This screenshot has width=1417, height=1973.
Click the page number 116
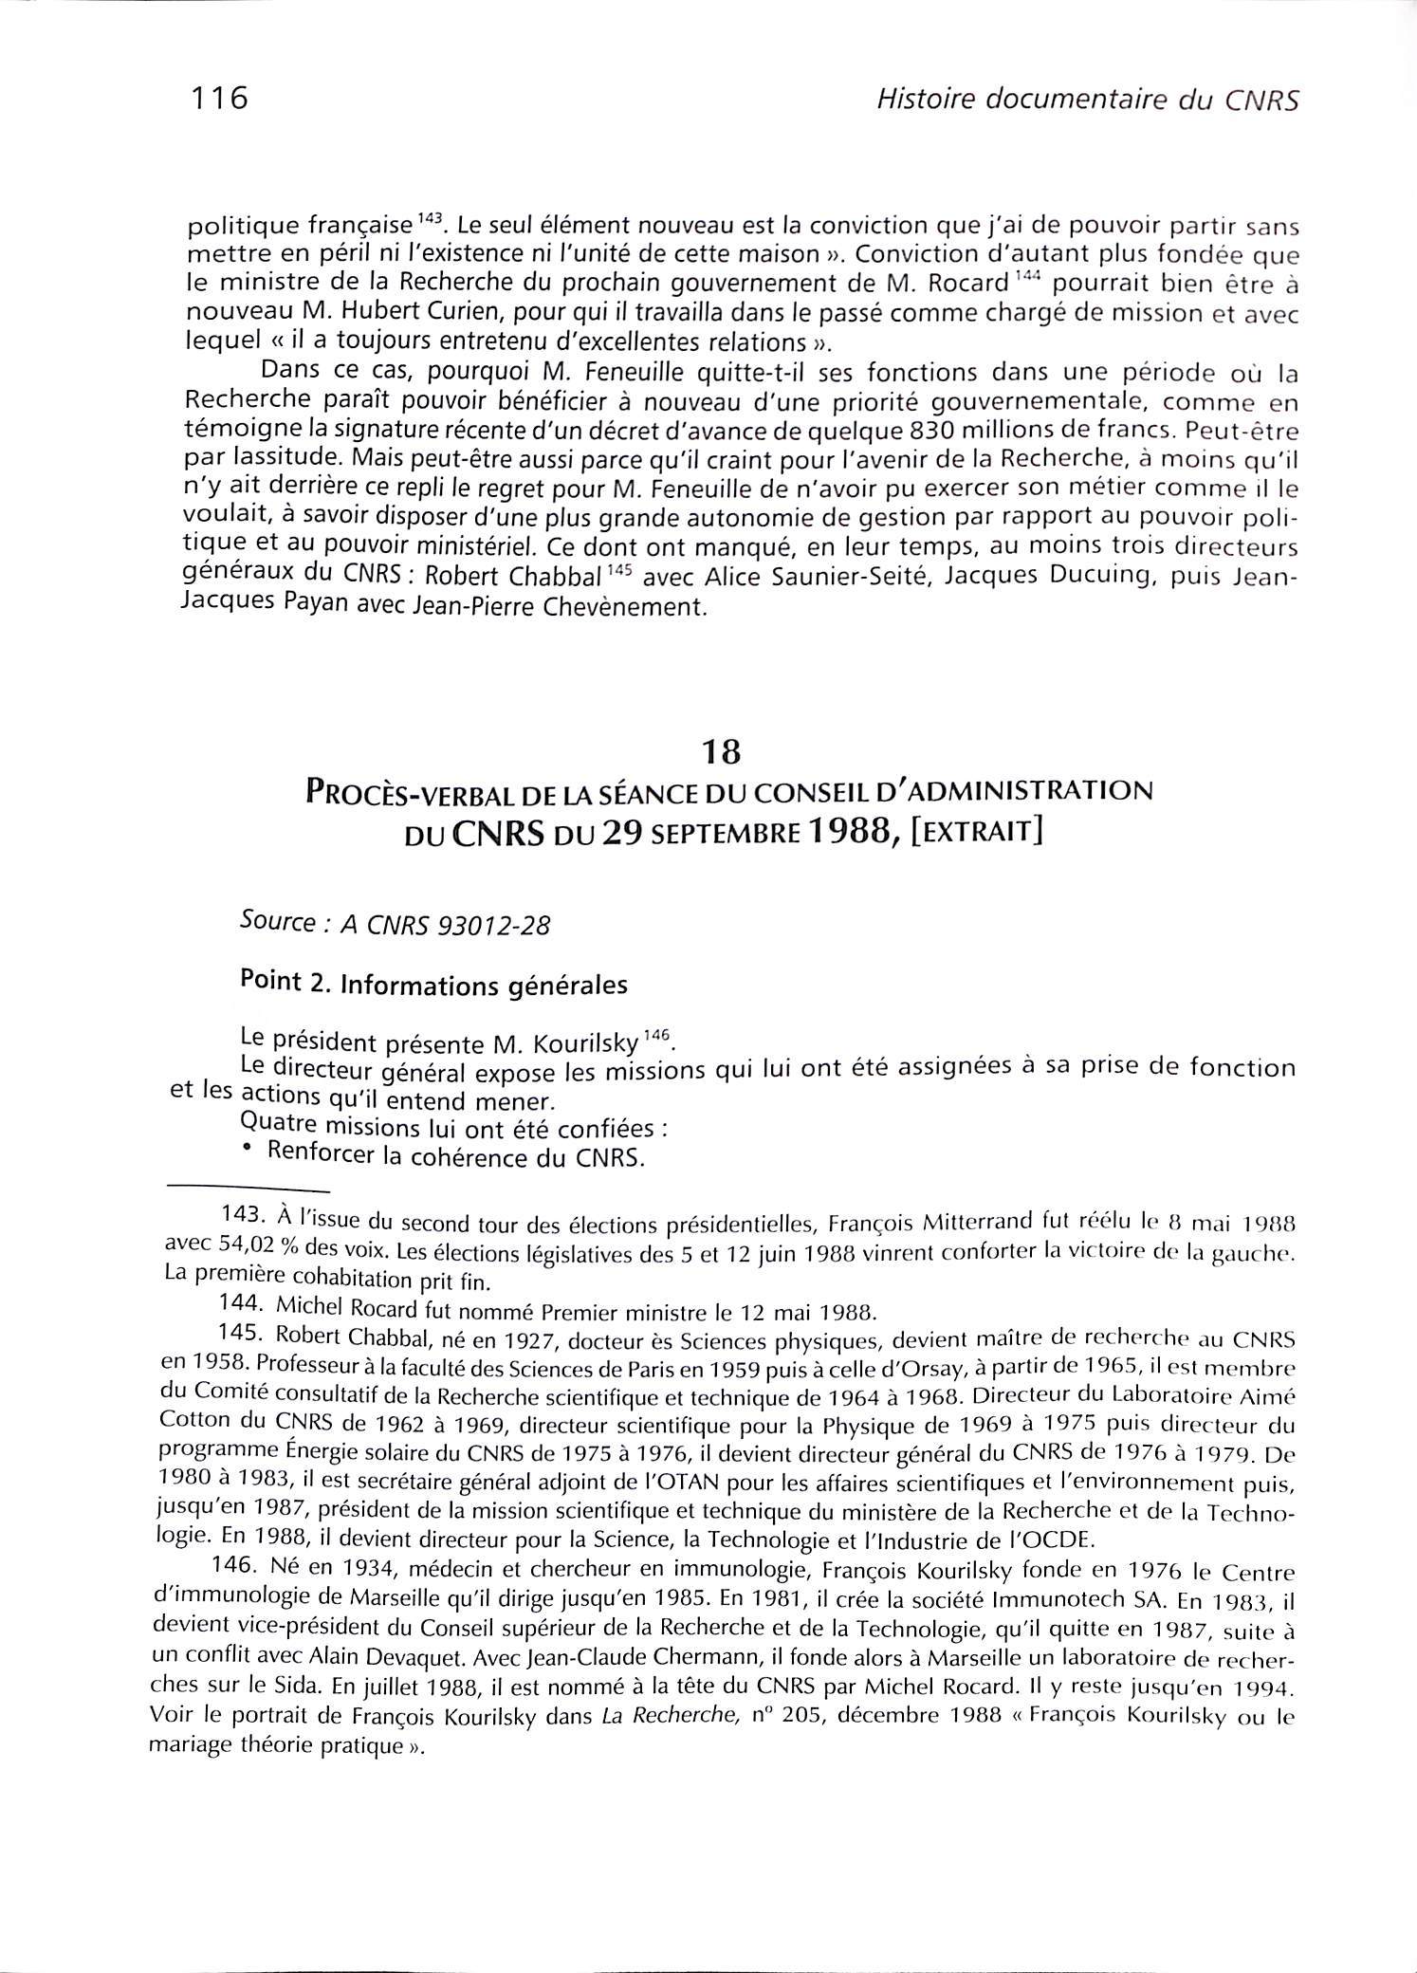tap(218, 98)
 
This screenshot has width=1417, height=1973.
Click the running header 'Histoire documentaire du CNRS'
tap(1087, 100)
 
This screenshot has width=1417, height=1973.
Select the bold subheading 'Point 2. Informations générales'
tap(434, 984)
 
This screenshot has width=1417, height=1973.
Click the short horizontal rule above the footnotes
tap(248, 1189)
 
